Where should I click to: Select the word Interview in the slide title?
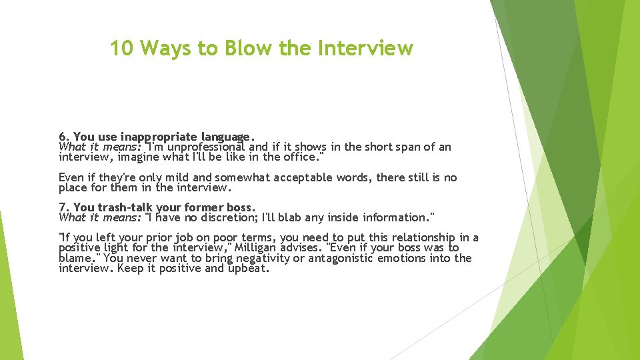tap(367, 49)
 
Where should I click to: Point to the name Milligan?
tap(273, 248)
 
